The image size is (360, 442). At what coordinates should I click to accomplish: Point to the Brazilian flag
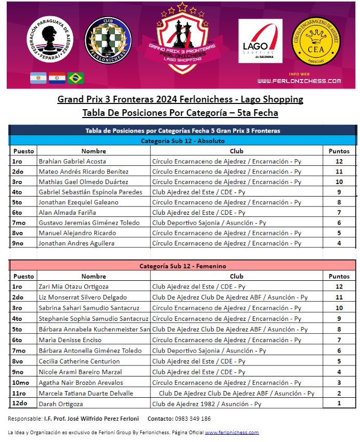76,78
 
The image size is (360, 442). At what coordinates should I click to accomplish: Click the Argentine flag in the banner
38,78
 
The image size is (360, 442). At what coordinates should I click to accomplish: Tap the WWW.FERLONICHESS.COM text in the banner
299,81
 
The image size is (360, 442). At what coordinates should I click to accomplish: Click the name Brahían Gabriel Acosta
72,161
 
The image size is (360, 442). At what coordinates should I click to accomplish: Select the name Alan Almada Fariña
65,213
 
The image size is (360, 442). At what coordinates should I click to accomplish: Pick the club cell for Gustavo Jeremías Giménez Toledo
209,223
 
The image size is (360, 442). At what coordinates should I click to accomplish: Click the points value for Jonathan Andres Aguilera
339,243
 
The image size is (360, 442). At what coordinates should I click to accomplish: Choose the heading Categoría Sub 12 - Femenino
183,266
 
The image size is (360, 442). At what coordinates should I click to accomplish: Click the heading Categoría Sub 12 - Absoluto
183,140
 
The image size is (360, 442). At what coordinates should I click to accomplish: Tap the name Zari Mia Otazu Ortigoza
73,287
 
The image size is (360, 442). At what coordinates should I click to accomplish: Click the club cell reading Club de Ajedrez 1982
207,404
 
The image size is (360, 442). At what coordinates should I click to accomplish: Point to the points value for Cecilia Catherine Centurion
339,361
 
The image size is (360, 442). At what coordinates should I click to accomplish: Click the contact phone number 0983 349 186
192,419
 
